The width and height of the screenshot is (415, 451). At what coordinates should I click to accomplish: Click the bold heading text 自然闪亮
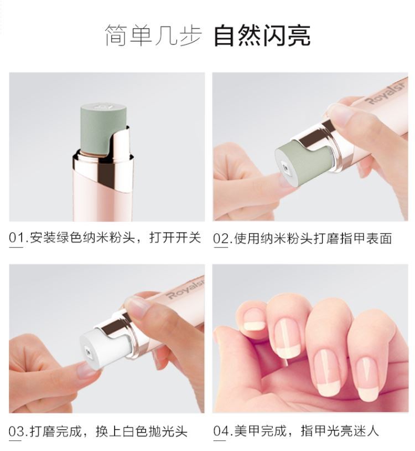(262, 35)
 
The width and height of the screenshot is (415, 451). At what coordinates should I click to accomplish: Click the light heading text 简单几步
(153, 35)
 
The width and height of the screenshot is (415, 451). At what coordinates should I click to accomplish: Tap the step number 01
(17, 238)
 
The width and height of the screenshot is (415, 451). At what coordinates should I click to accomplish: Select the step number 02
(221, 239)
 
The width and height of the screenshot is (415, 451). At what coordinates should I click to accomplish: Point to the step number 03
(17, 432)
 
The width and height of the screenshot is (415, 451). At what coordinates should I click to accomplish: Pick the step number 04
(221, 431)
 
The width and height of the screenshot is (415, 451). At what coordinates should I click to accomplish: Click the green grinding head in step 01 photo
(103, 128)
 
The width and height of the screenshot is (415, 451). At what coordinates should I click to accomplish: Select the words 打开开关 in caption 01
(175, 238)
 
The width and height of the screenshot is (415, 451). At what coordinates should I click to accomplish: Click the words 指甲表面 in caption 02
(366, 239)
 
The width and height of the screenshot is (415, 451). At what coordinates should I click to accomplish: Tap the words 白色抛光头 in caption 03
(155, 432)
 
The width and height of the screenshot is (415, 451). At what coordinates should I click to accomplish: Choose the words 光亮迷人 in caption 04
(353, 431)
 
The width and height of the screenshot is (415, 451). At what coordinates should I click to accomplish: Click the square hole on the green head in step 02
(285, 168)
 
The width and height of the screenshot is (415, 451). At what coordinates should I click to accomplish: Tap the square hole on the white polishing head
(87, 351)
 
